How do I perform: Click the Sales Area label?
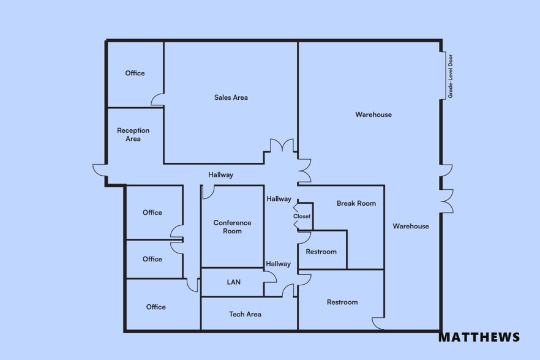pyautogui.click(x=231, y=97)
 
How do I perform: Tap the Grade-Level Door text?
pyautogui.click(x=451, y=76)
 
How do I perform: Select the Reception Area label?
pyautogui.click(x=133, y=135)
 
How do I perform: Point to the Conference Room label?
pyautogui.click(x=232, y=227)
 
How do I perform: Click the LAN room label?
pyautogui.click(x=233, y=282)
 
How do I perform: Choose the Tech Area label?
pyautogui.click(x=245, y=314)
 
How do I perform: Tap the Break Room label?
pyautogui.click(x=356, y=203)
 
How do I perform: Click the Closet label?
pyautogui.click(x=302, y=216)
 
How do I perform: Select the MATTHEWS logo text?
pyautogui.click(x=479, y=337)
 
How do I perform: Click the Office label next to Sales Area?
pyautogui.click(x=135, y=73)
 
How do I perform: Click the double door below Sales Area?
pyautogui.click(x=281, y=146)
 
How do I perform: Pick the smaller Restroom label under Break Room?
pyautogui.click(x=321, y=252)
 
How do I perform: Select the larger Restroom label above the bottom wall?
pyautogui.click(x=342, y=302)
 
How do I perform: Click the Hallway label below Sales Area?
pyautogui.click(x=220, y=174)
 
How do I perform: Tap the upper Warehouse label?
pyautogui.click(x=373, y=114)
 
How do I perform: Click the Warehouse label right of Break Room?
pyautogui.click(x=411, y=226)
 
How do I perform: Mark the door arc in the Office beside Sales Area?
pyautogui.click(x=157, y=99)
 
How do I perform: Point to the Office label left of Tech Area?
pyautogui.click(x=156, y=307)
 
